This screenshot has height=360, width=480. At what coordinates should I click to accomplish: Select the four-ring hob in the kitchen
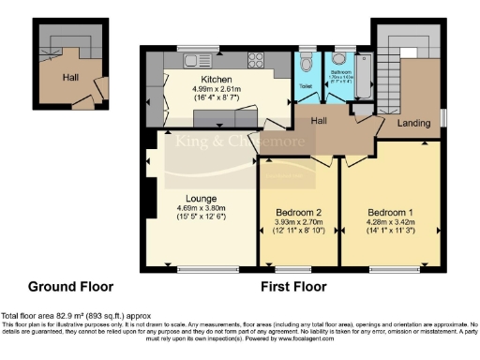click(256, 59)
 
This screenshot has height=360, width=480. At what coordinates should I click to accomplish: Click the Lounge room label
click(202, 198)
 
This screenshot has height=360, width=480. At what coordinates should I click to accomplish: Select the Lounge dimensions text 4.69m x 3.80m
click(202, 208)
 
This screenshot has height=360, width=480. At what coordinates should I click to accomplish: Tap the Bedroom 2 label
click(298, 210)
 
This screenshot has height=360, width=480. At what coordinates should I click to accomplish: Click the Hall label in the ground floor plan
click(70, 78)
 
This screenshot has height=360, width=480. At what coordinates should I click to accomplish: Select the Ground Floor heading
click(70, 286)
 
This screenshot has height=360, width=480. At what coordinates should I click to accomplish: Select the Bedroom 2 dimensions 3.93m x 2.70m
click(298, 221)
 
